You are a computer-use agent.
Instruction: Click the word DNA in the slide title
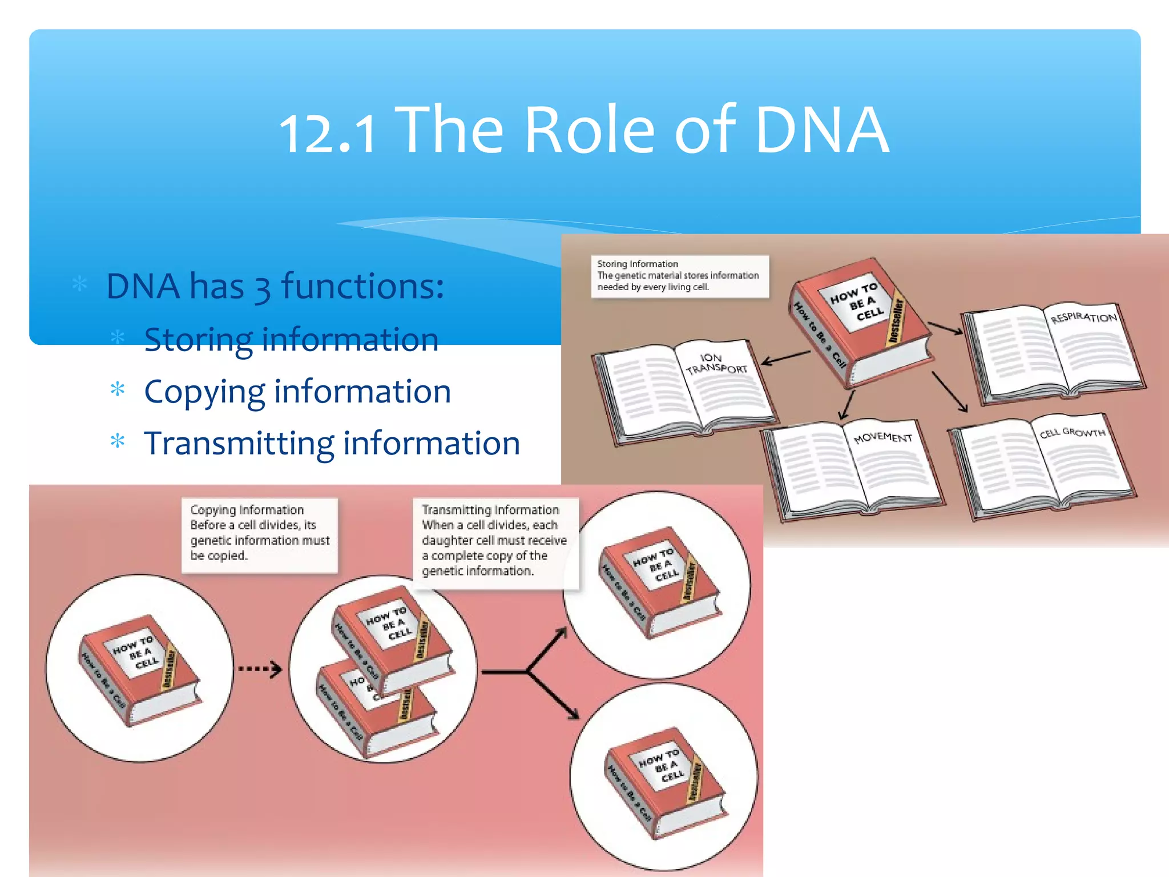pyautogui.click(x=822, y=130)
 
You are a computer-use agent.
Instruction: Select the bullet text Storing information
pyautogui.click(x=291, y=340)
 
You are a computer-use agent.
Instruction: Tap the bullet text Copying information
pyautogui.click(x=297, y=392)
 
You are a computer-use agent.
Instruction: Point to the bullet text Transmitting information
pyautogui.click(x=332, y=444)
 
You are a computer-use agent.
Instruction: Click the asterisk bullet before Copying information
pyautogui.click(x=118, y=390)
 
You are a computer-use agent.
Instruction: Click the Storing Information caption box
pyautogui.click(x=679, y=276)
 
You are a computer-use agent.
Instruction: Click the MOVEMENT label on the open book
pyautogui.click(x=882, y=437)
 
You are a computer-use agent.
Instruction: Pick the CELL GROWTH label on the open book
pyautogui.click(x=1072, y=432)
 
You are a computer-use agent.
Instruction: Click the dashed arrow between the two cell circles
pyautogui.click(x=260, y=669)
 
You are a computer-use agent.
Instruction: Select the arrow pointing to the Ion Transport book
pyautogui.click(x=786, y=357)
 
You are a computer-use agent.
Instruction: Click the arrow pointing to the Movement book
pyautogui.click(x=846, y=405)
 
